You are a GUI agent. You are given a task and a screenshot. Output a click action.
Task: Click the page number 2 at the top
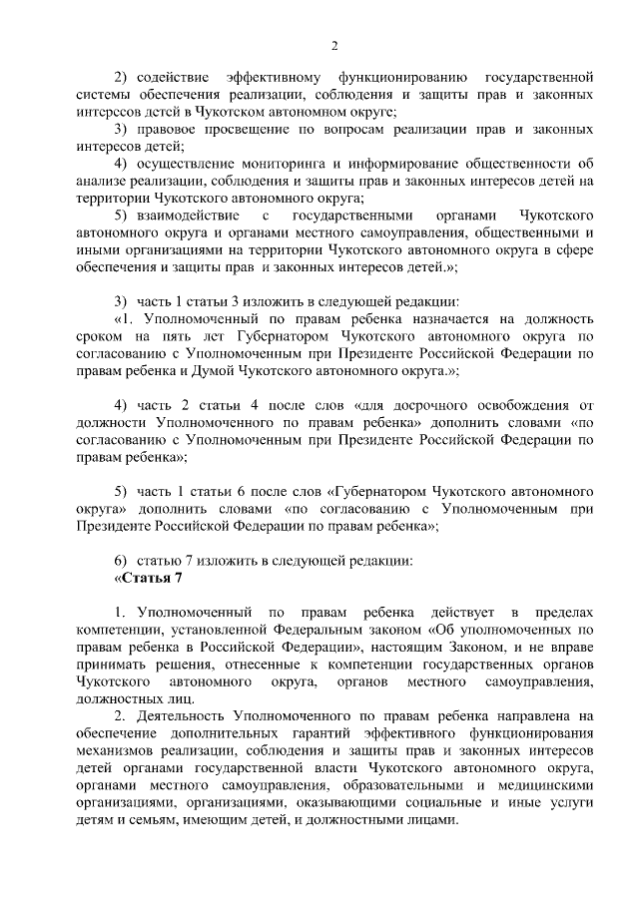tap(335, 45)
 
